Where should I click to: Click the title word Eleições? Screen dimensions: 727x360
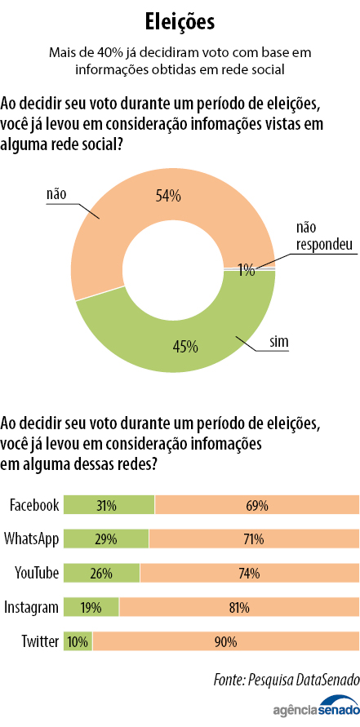pyautogui.click(x=180, y=20)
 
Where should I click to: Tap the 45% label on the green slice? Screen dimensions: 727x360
pyautogui.click(x=185, y=346)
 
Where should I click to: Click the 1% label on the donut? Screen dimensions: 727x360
pyautogui.click(x=247, y=268)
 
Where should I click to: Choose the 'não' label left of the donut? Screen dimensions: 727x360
pyautogui.click(x=56, y=194)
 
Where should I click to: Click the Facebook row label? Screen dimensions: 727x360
pyautogui.click(x=33, y=505)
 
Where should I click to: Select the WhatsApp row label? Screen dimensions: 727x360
pyautogui.click(x=32, y=539)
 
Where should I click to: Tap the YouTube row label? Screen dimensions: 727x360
pyautogui.click(x=37, y=573)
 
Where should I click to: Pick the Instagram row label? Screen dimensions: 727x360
pyautogui.click(x=32, y=607)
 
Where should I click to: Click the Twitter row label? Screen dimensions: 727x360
pyautogui.click(x=39, y=641)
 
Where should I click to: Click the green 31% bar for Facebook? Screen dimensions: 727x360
pyautogui.click(x=109, y=505)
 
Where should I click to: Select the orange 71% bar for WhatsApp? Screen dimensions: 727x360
pyautogui.click(x=253, y=539)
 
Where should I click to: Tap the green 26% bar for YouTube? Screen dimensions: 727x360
pyautogui.click(x=101, y=573)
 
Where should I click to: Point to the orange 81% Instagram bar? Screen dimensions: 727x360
pyautogui.click(x=238, y=607)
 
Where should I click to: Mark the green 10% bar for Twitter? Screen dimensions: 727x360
pyautogui.click(x=78, y=641)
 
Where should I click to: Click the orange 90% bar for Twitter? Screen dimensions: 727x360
pyautogui.click(x=225, y=641)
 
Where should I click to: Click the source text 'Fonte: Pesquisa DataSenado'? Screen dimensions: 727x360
pyautogui.click(x=285, y=679)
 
